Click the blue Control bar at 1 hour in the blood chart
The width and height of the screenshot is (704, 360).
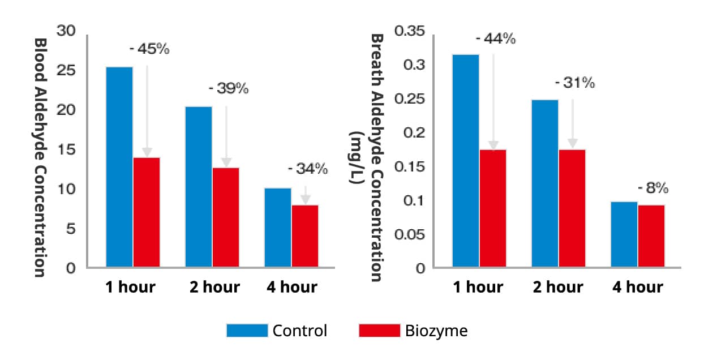119,167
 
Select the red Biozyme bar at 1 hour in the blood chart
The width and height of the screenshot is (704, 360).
147,212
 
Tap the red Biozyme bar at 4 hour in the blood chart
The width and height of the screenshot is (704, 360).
305,236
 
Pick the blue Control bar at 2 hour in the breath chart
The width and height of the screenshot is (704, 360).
545,183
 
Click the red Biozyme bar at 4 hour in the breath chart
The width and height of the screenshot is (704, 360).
651,236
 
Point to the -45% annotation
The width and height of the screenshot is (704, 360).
149,49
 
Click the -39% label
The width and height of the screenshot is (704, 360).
229,89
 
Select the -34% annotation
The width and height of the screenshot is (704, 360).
308,169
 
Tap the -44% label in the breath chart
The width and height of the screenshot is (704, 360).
496,39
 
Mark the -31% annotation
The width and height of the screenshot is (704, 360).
575,83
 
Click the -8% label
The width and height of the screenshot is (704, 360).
653,187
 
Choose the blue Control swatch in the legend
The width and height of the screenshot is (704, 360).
247,331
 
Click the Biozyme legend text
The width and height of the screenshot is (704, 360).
436,331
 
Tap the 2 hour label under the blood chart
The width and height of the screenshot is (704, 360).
214,287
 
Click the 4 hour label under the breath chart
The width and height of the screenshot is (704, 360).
638,287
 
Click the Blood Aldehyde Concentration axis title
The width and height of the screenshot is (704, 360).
40,157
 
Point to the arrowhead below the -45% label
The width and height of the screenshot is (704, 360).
147,152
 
